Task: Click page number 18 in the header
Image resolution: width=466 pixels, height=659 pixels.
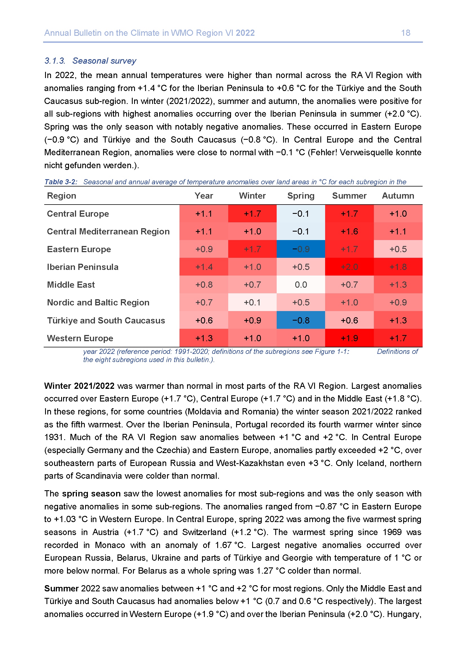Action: [405, 33]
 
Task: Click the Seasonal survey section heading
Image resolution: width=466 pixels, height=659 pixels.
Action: [104, 61]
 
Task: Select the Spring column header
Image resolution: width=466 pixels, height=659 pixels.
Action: [301, 196]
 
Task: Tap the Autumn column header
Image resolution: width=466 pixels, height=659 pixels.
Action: [398, 196]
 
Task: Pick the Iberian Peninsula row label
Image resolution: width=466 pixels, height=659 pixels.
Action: [83, 267]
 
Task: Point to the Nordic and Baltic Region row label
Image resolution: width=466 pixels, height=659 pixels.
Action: [98, 303]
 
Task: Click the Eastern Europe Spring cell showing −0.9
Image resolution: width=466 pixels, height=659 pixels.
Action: [301, 249]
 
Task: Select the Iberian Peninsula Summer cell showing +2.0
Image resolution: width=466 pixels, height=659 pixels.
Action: [349, 267]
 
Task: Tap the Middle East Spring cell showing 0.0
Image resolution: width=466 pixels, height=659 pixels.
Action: [301, 285]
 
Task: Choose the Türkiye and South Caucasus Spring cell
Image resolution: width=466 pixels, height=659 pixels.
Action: [301, 320]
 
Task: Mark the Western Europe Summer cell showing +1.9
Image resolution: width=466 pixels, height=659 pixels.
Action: [349, 338]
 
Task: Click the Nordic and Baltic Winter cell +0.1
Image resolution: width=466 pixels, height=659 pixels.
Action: [252, 303]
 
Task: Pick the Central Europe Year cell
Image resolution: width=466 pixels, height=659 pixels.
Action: [204, 214]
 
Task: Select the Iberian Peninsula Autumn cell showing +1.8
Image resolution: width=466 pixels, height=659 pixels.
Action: [398, 267]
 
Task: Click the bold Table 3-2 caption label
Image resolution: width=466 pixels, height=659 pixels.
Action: [61, 182]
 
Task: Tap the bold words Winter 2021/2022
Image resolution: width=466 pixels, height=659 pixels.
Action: [79, 386]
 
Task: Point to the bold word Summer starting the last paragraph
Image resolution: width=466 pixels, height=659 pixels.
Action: [61, 589]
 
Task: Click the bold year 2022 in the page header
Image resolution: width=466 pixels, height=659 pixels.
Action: [245, 33]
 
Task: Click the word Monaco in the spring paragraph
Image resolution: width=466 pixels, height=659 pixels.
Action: [110, 545]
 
